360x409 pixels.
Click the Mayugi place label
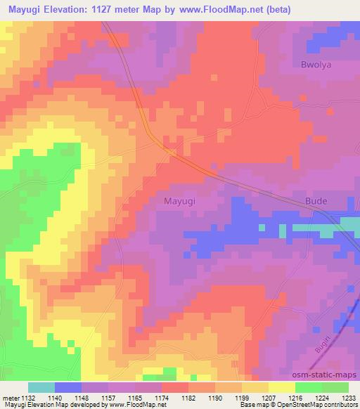pos(179,201)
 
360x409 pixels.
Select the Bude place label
pos(316,201)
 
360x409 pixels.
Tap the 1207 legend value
pos(269,396)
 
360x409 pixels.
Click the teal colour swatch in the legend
pos(41,387)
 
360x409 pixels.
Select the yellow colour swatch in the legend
pos(282,387)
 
